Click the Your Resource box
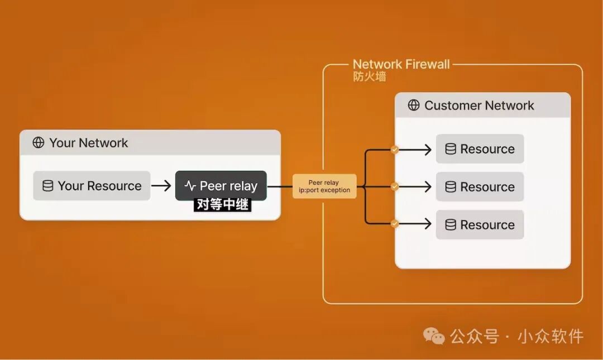92,186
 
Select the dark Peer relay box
221,185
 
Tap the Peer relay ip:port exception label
324,186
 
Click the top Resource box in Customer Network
480,149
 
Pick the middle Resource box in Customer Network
480,187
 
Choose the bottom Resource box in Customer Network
480,225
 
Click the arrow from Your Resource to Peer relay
162,186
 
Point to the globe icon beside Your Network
39,143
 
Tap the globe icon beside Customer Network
414,105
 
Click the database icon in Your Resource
48,186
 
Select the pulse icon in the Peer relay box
190,186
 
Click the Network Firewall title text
401,64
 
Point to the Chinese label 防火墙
369,76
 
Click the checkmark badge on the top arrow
395,150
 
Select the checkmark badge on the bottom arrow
395,224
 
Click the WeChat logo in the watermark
434,336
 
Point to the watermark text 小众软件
551,337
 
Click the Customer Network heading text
479,105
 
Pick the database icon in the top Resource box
451,149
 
